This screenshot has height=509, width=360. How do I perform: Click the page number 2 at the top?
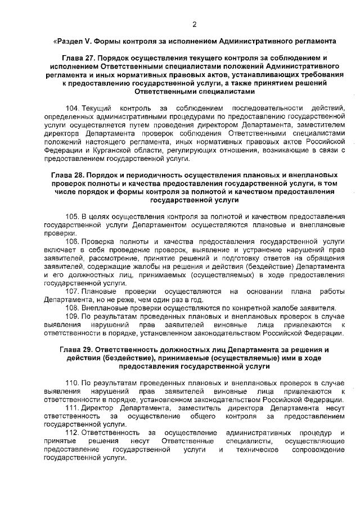click(x=194, y=24)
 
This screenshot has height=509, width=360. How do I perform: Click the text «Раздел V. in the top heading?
click(x=68, y=41)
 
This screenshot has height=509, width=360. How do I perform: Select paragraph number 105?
click(x=73, y=217)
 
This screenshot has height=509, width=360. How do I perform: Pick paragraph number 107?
click(x=73, y=291)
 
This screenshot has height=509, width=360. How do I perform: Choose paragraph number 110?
click(x=73, y=383)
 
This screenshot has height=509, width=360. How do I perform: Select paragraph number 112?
click(x=73, y=433)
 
